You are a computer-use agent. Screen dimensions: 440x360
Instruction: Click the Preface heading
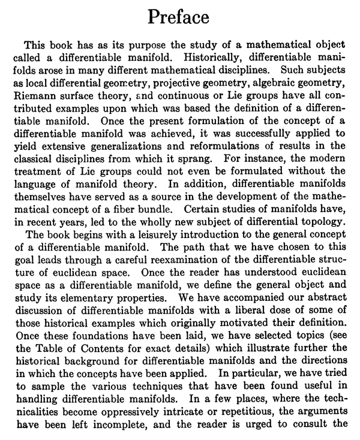pyautogui.click(x=180, y=17)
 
